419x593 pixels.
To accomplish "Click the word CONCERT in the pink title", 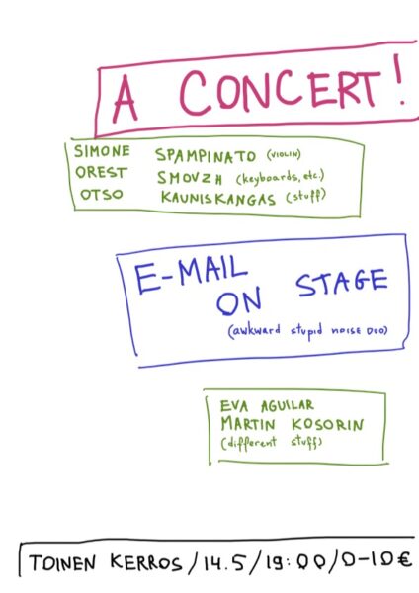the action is (280, 92).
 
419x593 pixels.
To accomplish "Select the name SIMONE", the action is (102, 151).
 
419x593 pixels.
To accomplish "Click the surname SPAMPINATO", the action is (206, 155).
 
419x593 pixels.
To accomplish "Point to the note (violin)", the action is (284, 155).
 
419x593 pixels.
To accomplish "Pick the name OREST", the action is (101, 172).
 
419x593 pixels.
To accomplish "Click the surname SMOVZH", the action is (190, 178).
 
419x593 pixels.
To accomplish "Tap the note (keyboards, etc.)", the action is (281, 177).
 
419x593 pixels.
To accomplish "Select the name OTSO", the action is (102, 195).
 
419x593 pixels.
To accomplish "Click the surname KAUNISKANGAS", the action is (218, 199).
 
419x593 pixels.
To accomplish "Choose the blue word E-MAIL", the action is (192, 274).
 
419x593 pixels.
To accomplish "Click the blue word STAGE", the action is (342, 283).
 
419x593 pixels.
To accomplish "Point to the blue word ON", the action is (238, 301).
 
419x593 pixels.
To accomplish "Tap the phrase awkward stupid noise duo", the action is (308, 330).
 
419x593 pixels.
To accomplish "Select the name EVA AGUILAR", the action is (267, 406).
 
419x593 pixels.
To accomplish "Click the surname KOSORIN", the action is (327, 425).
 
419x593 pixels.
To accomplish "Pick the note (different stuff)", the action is (272, 443).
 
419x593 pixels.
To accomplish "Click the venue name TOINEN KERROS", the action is (106, 563).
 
